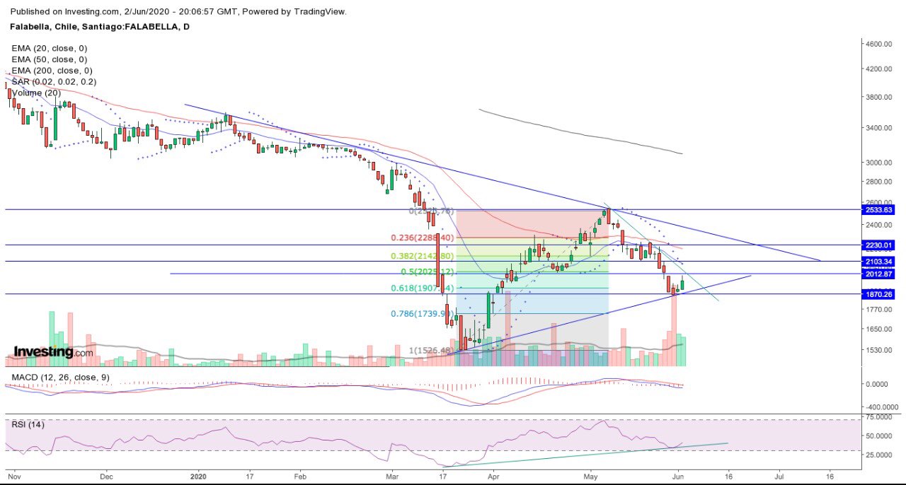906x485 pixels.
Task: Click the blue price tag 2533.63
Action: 880,210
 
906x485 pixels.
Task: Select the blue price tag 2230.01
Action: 880,245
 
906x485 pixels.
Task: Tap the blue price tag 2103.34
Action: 880,262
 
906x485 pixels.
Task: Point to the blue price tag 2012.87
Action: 880,274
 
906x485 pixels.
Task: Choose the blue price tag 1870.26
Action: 880,294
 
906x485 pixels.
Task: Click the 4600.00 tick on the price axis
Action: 879,44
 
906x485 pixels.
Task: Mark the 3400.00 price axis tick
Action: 879,128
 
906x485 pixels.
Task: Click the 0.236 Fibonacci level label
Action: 421,238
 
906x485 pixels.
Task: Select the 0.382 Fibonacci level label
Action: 421,256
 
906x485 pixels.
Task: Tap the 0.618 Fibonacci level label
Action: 421,288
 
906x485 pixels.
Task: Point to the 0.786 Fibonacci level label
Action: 421,314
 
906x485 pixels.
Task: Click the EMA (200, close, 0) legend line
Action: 52,71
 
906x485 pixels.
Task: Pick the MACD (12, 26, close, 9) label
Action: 60,378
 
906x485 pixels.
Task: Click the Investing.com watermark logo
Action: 53,352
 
